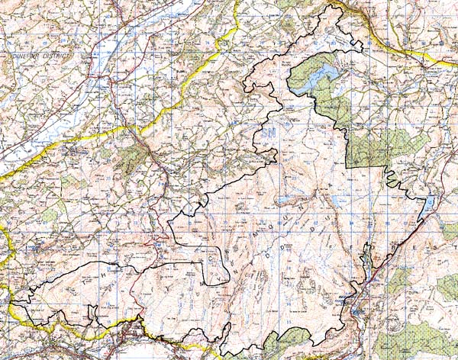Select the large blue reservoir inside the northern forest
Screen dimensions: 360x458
(317, 77)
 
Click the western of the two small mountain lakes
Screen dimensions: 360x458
(285, 201)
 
